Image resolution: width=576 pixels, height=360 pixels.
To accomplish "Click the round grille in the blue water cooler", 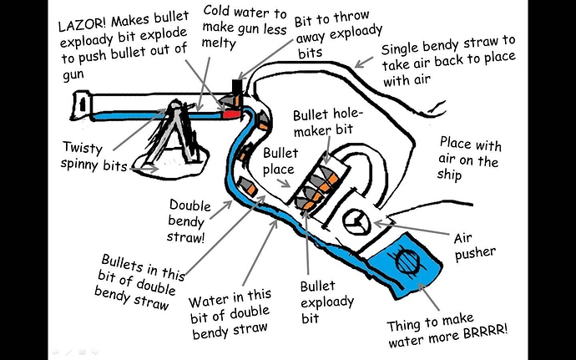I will (409, 258).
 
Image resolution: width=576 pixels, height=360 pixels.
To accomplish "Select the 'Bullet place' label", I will (280, 165).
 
